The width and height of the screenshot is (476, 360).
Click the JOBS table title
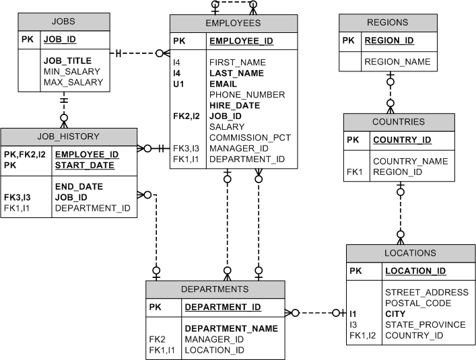(63, 22)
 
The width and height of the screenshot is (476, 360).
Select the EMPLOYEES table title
(232, 23)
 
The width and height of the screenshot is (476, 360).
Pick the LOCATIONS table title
(409, 253)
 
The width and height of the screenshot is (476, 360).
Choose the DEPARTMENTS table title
(215, 289)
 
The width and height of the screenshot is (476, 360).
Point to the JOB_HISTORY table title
(68, 136)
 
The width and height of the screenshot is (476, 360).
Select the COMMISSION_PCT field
(250, 137)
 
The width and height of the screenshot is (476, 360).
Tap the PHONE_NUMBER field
(246, 95)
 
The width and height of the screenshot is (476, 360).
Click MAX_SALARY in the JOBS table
(73, 82)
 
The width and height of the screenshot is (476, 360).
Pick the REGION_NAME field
(397, 62)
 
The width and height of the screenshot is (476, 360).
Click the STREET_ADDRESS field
(426, 292)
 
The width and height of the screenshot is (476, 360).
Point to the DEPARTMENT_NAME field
(231, 328)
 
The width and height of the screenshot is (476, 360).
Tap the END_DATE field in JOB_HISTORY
(79, 187)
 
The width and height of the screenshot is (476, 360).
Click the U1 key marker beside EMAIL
(178, 84)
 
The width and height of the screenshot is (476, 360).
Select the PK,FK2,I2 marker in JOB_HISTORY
(24, 154)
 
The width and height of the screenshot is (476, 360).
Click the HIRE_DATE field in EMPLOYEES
(234, 106)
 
